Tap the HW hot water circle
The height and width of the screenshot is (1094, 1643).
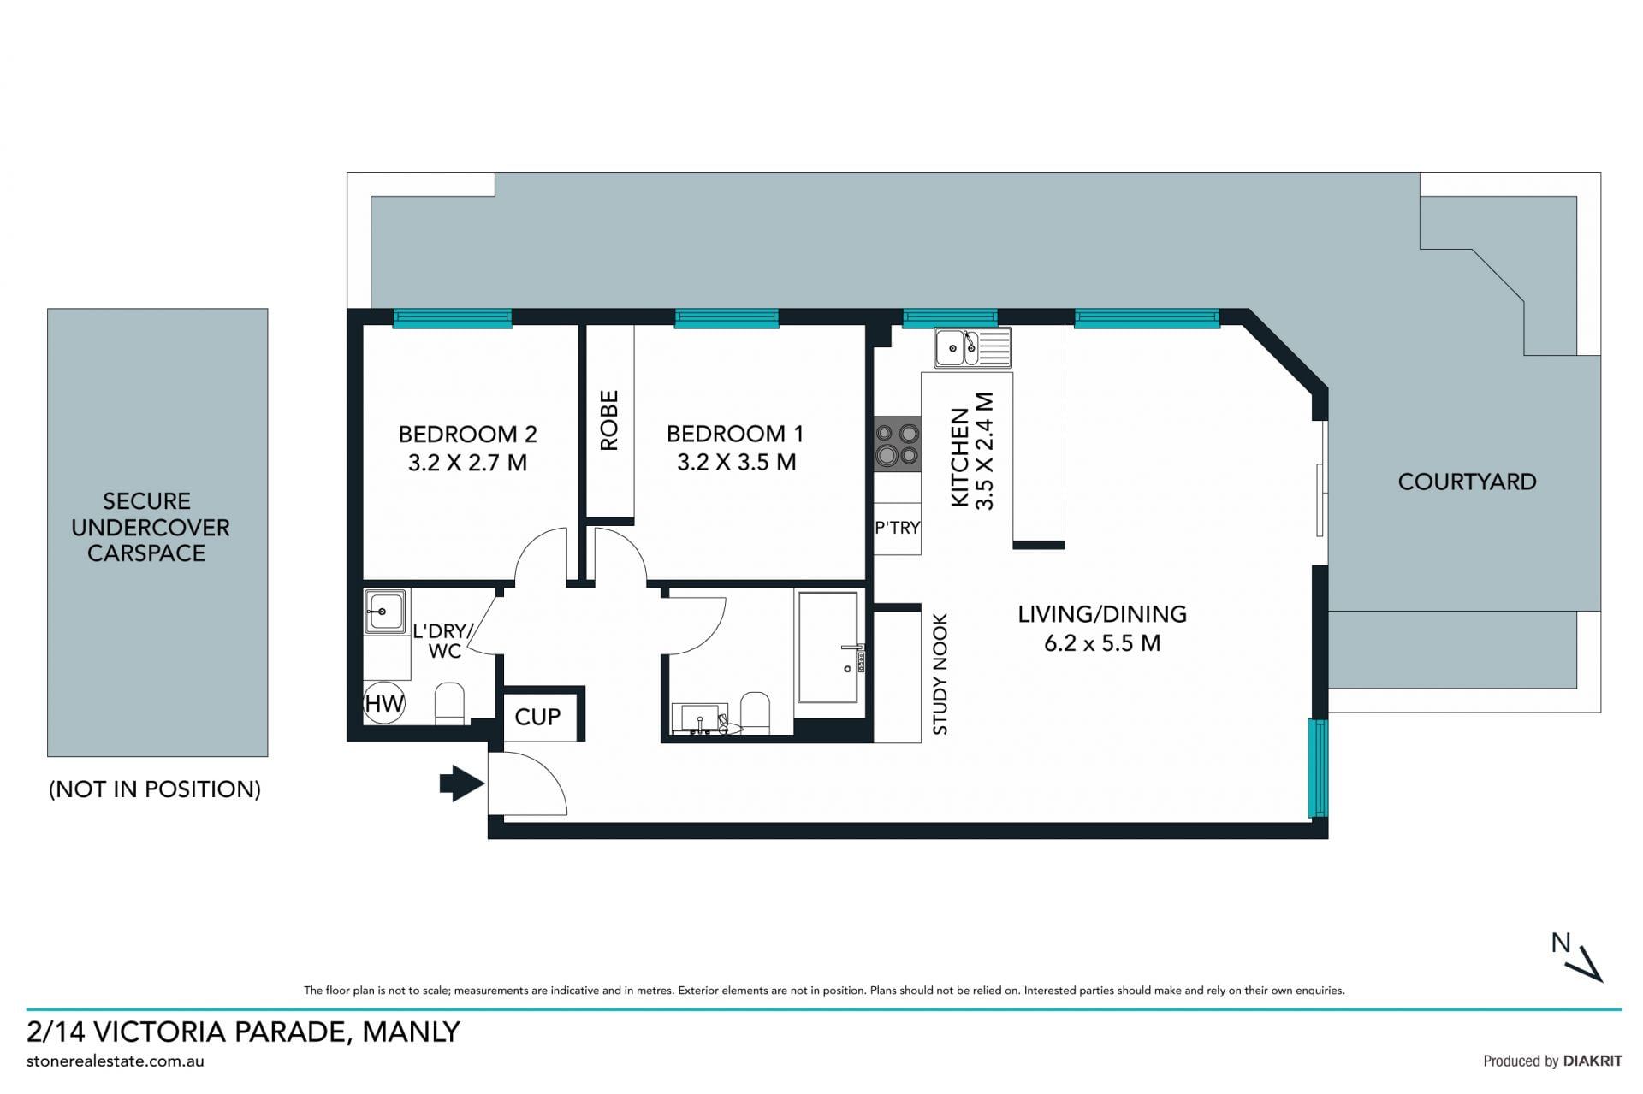point(384,703)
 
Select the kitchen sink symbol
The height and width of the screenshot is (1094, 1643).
point(973,347)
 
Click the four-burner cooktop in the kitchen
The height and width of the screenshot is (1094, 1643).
point(897,444)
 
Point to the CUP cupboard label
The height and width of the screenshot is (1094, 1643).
point(537,717)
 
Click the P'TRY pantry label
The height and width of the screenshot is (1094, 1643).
point(897,528)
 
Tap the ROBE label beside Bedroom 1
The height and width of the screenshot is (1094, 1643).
point(608,420)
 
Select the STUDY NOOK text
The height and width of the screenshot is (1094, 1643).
point(940,674)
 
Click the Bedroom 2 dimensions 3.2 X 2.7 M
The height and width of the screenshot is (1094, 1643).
point(467,463)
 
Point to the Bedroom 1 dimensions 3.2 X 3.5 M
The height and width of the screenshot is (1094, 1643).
point(737,463)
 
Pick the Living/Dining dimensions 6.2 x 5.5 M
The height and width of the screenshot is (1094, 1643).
point(1102,643)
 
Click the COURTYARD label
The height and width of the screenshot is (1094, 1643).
point(1467,482)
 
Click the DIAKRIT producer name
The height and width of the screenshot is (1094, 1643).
point(1593,1061)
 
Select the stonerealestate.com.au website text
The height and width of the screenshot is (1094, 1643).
point(116,1061)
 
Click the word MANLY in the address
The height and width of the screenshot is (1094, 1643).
point(412,1032)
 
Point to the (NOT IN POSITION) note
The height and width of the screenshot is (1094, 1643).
point(155,789)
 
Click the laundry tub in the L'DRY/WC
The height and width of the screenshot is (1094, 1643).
point(384,612)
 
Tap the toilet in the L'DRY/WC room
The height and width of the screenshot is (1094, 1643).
point(449,703)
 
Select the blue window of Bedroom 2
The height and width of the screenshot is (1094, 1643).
point(453,319)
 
